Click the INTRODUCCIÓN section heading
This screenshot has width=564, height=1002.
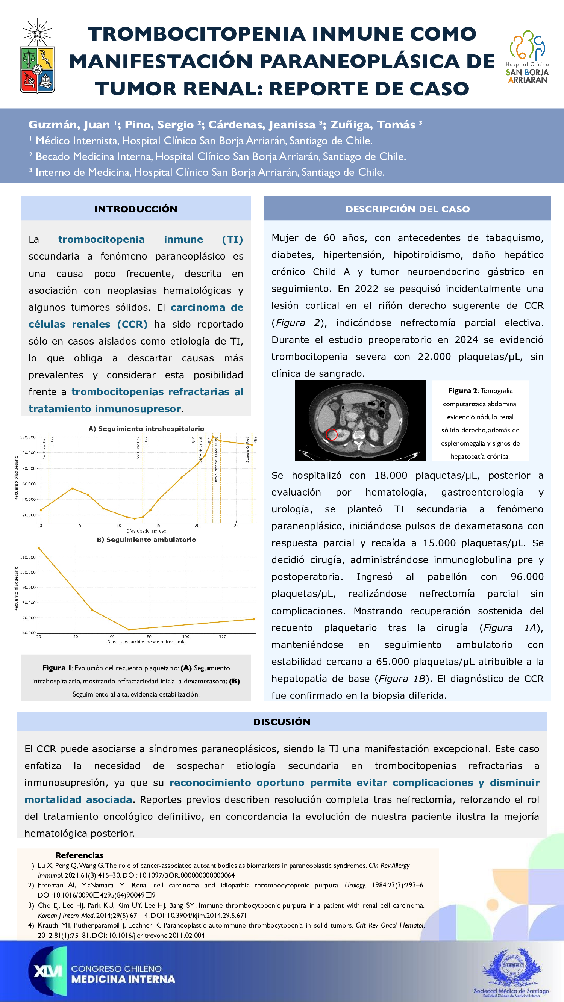[x=135, y=209]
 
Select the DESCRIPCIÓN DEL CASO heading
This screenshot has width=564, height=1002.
[x=407, y=209]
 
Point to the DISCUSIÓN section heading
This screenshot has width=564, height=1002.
[x=282, y=722]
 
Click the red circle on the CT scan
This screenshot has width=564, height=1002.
[x=331, y=434]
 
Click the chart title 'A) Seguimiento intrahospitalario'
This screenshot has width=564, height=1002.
[x=146, y=429]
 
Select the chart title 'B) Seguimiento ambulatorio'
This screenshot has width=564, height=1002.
[x=146, y=540]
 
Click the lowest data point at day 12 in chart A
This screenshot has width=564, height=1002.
[x=135, y=518]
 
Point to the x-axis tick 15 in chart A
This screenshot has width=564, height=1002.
[x=158, y=526]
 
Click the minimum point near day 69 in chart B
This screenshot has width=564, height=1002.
[x=129, y=629]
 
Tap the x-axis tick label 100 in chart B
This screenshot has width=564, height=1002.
[x=186, y=636]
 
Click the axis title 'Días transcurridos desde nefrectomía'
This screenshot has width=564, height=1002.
[x=146, y=641]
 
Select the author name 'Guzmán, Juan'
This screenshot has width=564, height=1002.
[x=69, y=125]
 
